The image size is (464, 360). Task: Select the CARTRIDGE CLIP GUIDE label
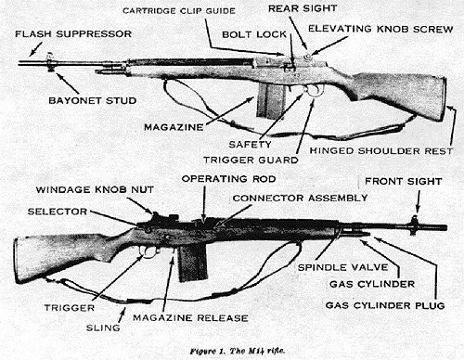click(165, 9)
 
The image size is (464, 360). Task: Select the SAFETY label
click(251, 144)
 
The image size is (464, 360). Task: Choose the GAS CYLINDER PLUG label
click(384, 303)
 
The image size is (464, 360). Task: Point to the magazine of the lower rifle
click(192, 263)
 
